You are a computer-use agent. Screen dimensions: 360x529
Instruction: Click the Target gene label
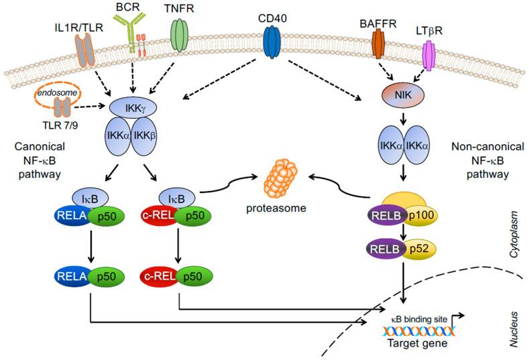(x=418, y=343)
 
